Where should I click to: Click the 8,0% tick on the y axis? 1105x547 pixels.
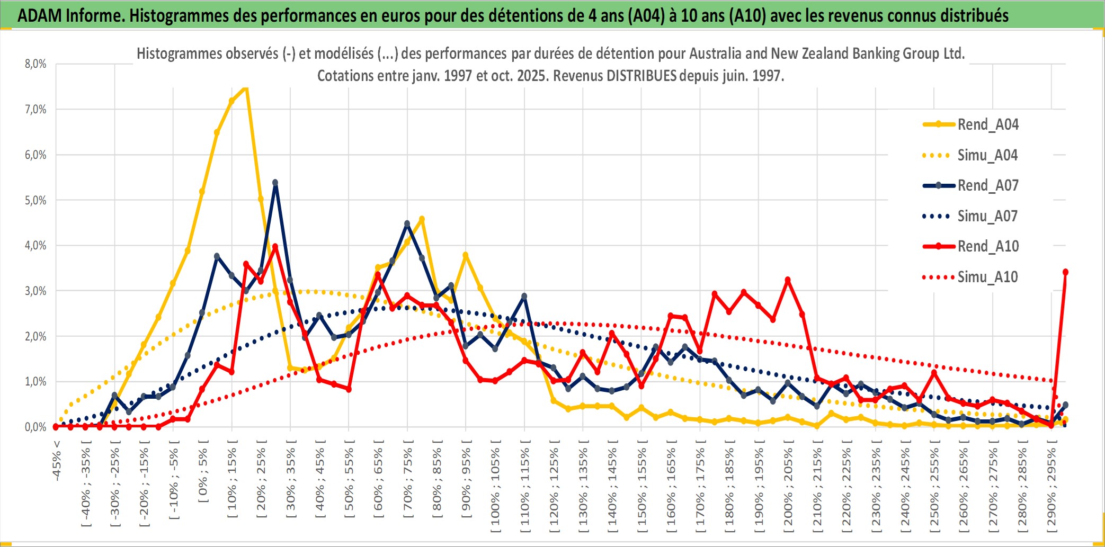(35, 64)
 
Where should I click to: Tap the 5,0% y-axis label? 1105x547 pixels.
(35, 201)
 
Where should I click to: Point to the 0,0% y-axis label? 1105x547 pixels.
(35, 427)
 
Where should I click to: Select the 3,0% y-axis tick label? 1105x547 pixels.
(35, 291)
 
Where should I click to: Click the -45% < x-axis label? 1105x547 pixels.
(57, 461)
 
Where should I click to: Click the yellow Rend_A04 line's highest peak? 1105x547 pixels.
(246, 88)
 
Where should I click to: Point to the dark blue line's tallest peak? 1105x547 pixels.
(275, 183)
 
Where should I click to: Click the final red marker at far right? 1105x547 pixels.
(1065, 272)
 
